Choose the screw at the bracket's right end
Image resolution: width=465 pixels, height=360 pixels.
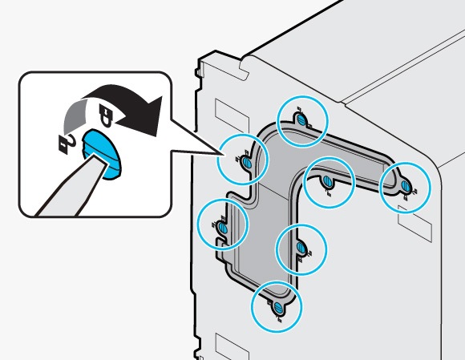coord(405,187)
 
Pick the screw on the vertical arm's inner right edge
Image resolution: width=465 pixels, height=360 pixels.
coord(301,249)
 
